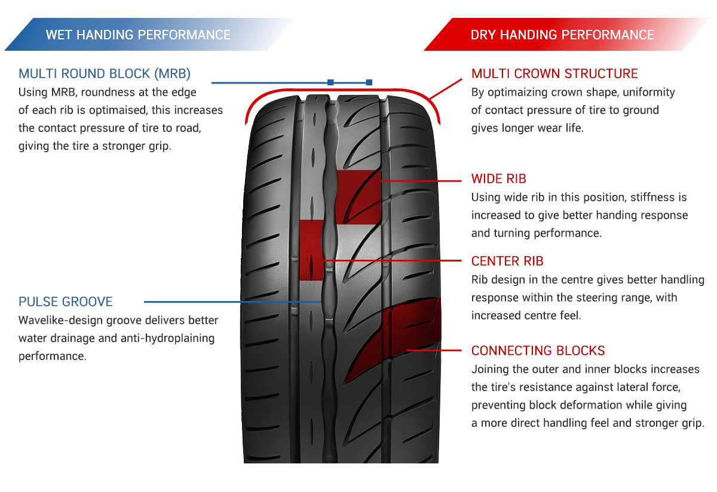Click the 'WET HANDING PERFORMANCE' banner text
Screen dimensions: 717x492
coord(138,35)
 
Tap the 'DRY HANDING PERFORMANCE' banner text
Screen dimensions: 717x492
coord(562,35)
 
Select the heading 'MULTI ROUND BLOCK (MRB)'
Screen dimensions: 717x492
coord(105,73)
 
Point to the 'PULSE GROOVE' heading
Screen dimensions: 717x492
coord(66,302)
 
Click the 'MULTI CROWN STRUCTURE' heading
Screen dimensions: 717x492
coord(554,73)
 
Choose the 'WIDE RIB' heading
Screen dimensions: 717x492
coord(499,179)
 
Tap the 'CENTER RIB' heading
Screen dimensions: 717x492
coord(507,261)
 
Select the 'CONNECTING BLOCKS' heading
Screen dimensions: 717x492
coord(538,350)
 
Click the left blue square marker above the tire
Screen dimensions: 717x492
coord(330,82)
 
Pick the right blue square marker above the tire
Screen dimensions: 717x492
coord(369,82)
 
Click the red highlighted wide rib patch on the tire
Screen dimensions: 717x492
coord(358,196)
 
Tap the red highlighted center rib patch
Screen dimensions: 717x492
coord(311,250)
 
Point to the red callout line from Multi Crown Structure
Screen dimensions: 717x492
coord(446,88)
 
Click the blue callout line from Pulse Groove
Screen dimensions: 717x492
coord(232,302)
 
